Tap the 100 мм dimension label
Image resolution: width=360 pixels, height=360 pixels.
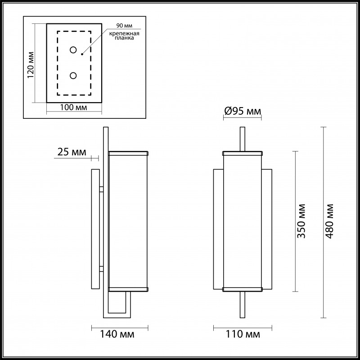tap(74, 108)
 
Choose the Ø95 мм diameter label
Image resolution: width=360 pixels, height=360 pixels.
tap(243, 111)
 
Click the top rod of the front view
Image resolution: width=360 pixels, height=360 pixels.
tap(243, 139)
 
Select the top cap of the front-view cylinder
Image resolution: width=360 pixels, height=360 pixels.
tap(243, 153)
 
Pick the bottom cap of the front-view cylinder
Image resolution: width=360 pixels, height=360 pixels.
tap(243, 288)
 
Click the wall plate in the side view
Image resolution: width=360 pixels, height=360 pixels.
tap(95, 229)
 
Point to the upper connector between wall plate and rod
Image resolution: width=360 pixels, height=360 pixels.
tap(102, 189)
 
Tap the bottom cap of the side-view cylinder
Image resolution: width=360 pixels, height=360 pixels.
tap(128, 288)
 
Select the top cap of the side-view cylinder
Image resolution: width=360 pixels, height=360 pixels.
tap(128, 153)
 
